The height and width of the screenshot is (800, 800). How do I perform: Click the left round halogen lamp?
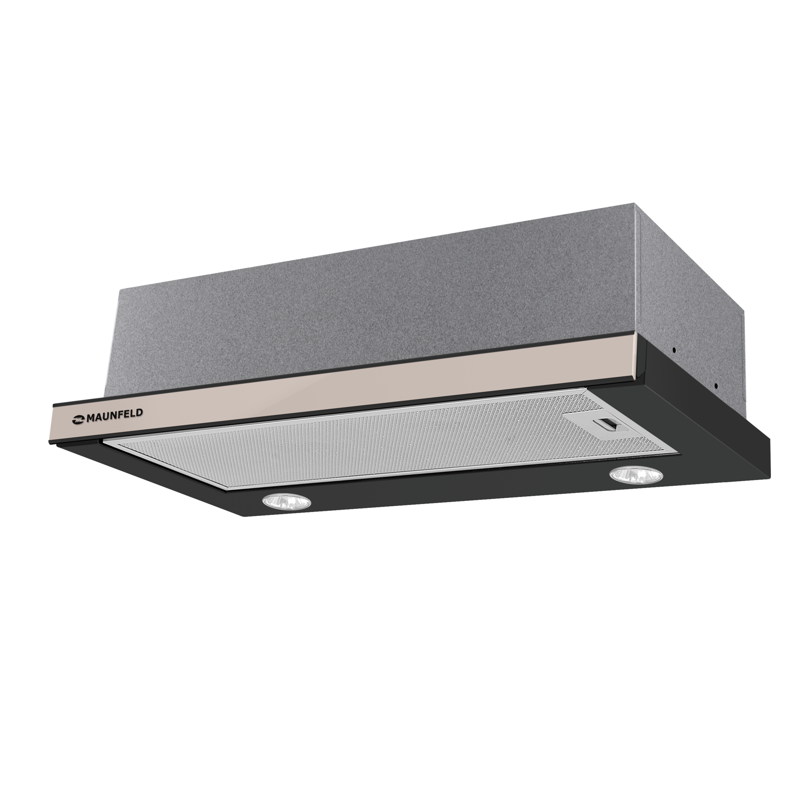coord(286,501)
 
